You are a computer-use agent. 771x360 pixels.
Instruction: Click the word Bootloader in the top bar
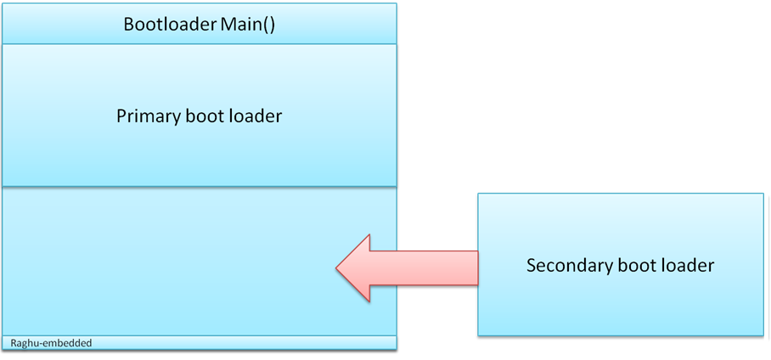[170, 25]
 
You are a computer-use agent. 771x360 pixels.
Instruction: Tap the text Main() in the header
[248, 25]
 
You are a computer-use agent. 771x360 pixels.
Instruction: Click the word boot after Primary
[205, 116]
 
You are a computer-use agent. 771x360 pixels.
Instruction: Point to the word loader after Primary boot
[256, 116]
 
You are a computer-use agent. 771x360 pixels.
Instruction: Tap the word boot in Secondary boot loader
[636, 266]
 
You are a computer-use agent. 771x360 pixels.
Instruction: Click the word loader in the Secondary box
[687, 266]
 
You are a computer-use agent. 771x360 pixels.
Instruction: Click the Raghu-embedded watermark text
[51, 343]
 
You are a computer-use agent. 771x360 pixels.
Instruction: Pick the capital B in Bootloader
[129, 25]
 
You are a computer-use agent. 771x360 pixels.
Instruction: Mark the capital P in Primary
[121, 116]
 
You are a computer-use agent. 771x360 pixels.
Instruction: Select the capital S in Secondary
[532, 266]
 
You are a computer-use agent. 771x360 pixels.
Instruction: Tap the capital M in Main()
[229, 25]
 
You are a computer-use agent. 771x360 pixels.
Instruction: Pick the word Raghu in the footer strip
[23, 343]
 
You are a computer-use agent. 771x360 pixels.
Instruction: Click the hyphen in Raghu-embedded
[38, 344]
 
